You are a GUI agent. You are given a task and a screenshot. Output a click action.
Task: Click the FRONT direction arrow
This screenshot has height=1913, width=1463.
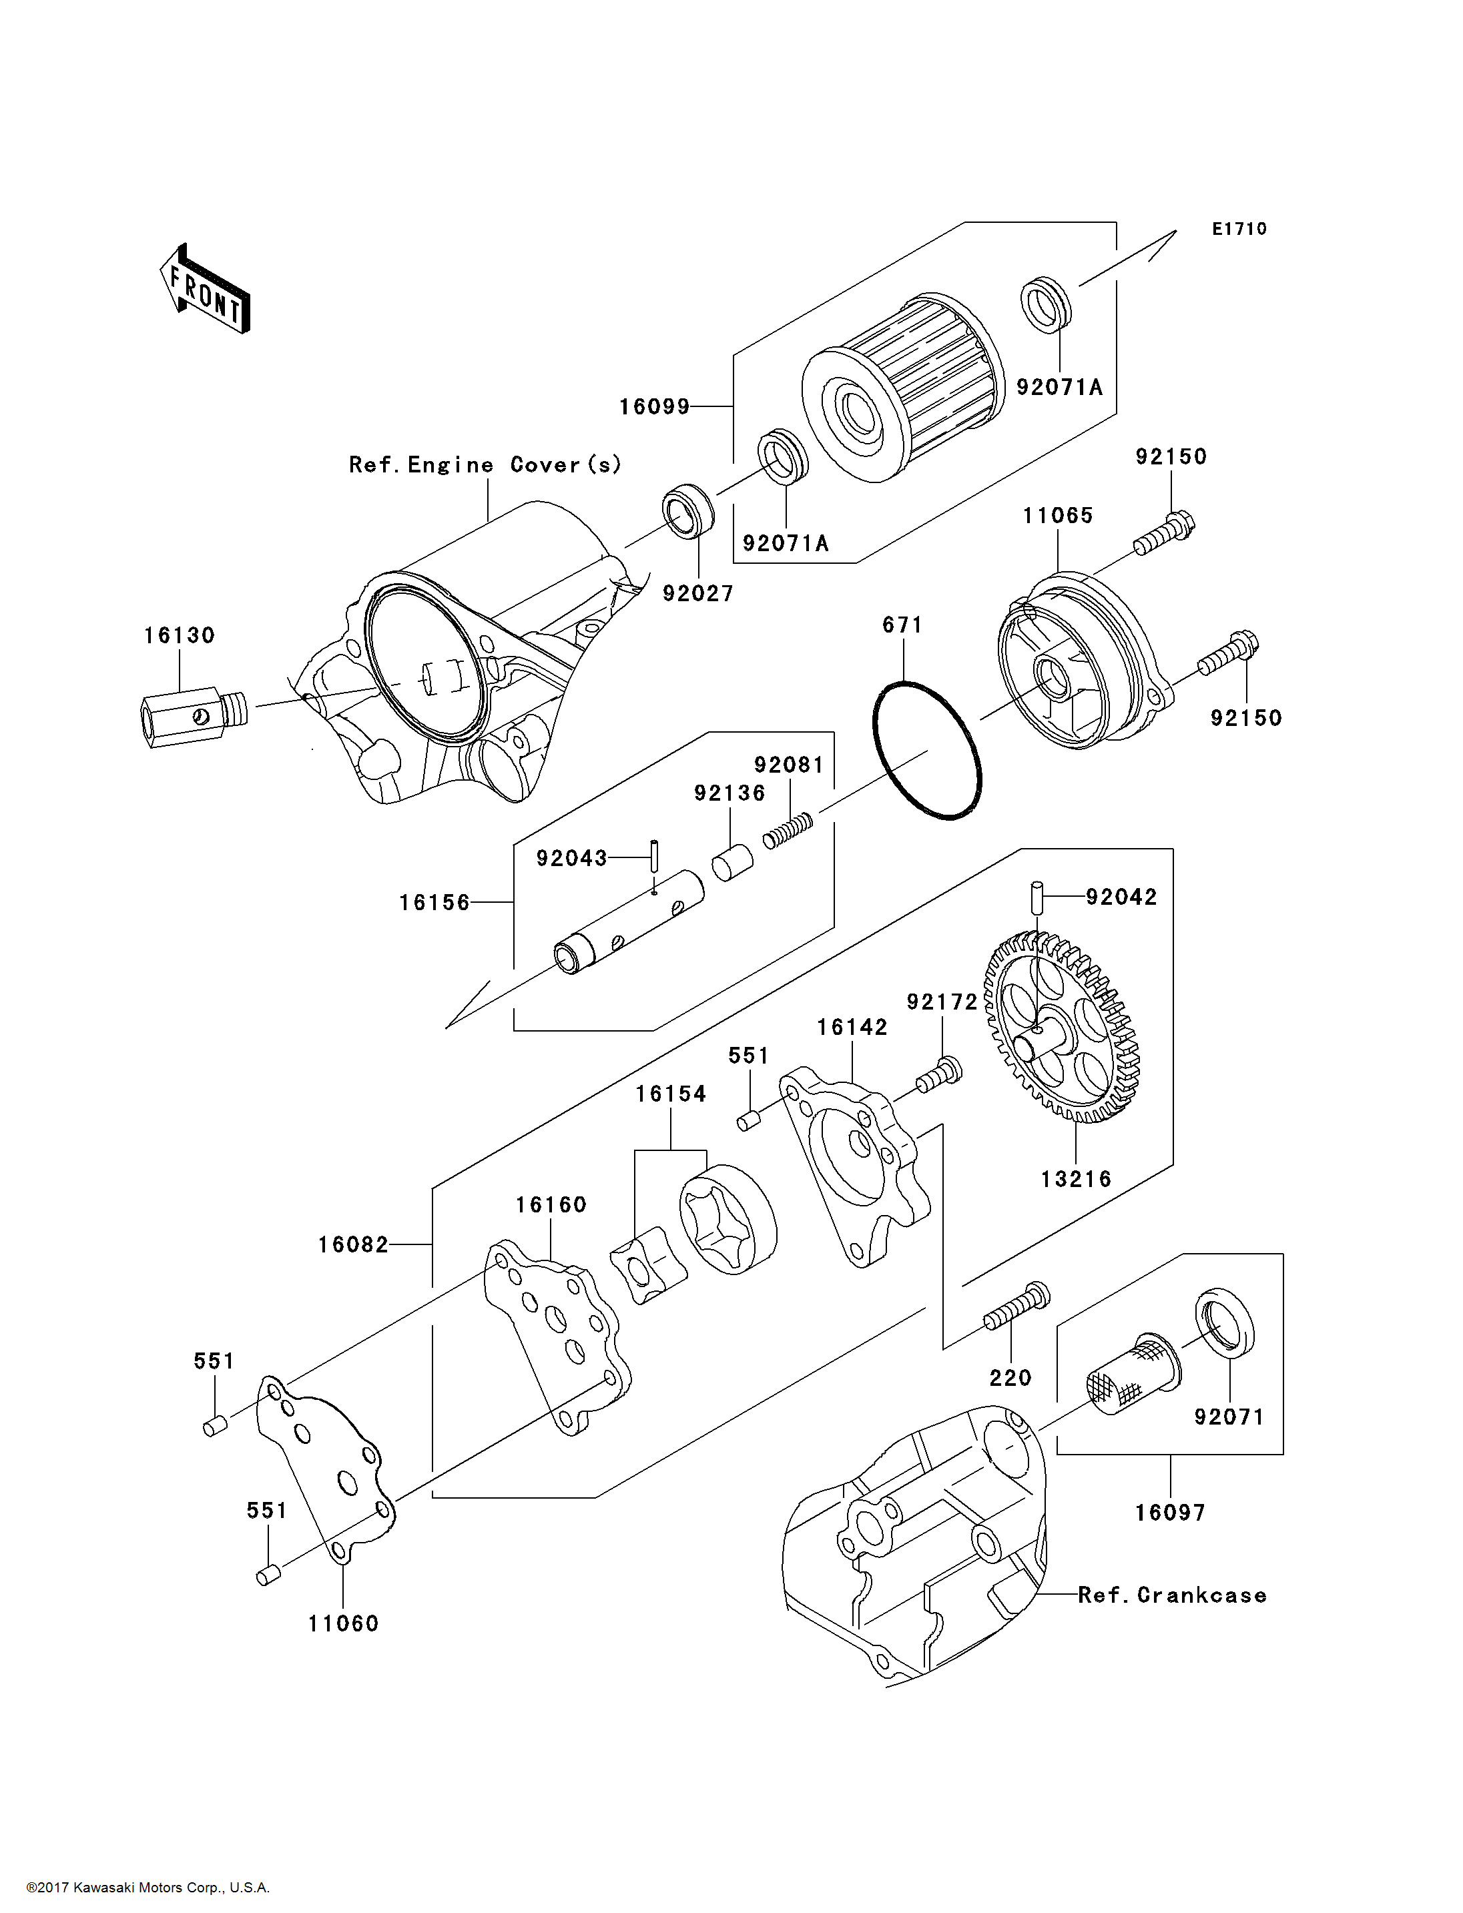[x=205, y=290]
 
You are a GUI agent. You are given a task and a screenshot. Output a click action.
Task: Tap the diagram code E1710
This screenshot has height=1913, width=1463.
[x=1239, y=229]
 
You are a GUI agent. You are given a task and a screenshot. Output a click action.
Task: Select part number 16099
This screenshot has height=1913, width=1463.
[x=654, y=406]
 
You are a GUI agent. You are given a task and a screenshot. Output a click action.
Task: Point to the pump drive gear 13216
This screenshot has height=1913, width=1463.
[x=1063, y=1028]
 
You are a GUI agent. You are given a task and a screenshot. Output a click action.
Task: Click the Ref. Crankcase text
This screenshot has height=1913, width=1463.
[x=1172, y=1595]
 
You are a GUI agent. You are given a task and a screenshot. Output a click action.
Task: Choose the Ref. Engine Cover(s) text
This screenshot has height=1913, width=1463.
[x=485, y=465]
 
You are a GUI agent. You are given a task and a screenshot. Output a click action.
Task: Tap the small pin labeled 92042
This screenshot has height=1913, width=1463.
[x=1037, y=897]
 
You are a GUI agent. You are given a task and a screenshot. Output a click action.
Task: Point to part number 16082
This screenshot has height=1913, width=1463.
[x=352, y=1245]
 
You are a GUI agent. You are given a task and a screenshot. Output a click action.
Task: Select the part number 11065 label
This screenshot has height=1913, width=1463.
[x=1058, y=516]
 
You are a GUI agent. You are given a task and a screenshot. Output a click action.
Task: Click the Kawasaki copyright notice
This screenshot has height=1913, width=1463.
[x=148, y=1888]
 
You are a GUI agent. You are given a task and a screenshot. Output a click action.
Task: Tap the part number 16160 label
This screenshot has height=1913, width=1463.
[x=551, y=1205]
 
